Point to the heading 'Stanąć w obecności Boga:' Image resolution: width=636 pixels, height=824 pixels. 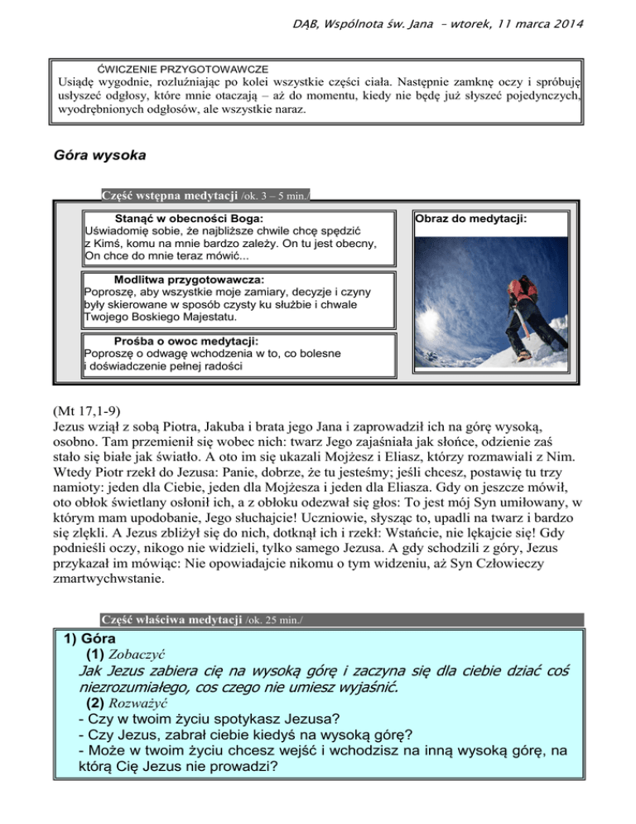(183, 218)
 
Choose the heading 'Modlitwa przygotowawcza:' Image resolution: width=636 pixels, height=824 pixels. (183, 279)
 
